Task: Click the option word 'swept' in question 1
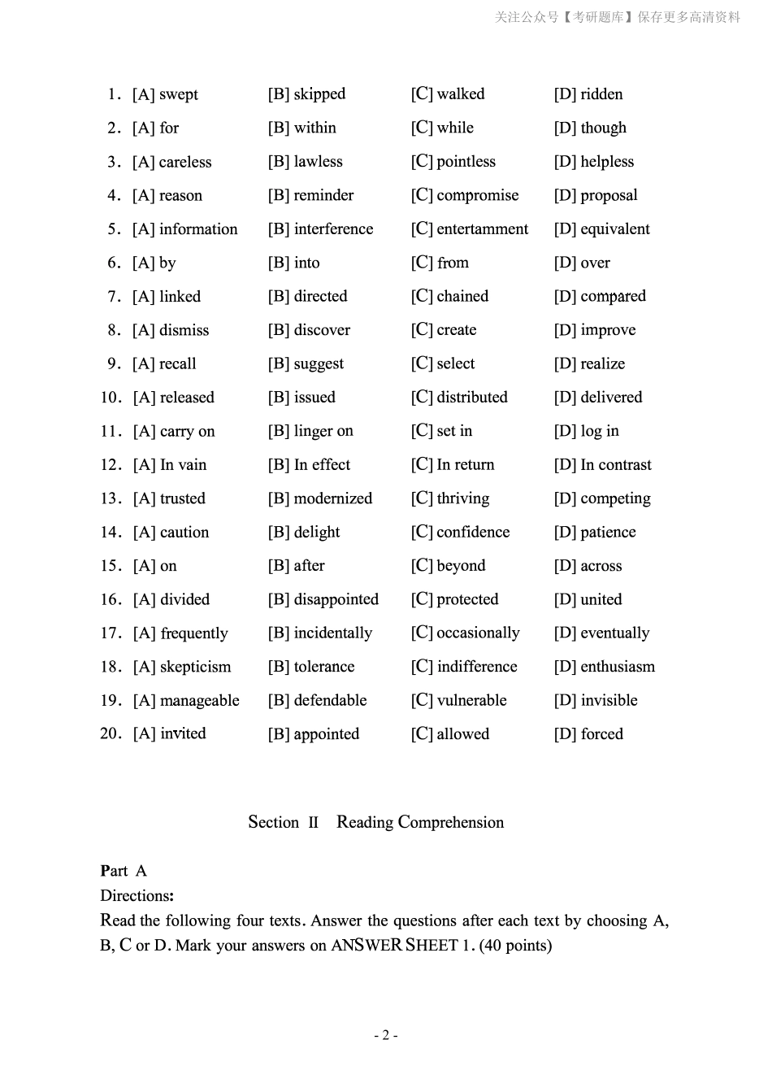179,94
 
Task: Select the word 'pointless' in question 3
466,162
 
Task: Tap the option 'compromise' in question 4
477,195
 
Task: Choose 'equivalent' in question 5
615,229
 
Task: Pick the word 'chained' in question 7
462,296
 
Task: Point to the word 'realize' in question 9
603,363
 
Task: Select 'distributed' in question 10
471,398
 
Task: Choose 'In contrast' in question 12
616,465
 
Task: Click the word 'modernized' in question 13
333,498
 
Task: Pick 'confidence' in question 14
473,533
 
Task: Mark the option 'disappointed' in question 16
336,599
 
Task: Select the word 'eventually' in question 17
615,633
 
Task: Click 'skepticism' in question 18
195,667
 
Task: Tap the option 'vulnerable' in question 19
471,700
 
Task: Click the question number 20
111,734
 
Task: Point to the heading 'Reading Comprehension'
420,822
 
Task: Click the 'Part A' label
124,871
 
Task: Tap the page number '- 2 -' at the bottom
385,1035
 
